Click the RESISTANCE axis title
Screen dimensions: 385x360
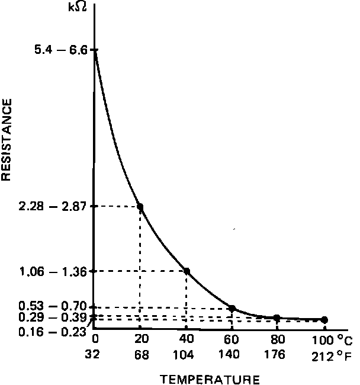click(x=7, y=140)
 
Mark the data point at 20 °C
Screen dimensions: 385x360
click(x=140, y=207)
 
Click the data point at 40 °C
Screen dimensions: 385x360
click(x=187, y=271)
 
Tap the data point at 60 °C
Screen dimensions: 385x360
click(x=232, y=308)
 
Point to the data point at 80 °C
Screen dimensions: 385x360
click(x=277, y=318)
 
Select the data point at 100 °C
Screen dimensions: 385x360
click(x=324, y=320)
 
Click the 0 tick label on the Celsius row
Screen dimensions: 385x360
click(x=95, y=339)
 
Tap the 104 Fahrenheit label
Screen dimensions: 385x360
click(x=187, y=355)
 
